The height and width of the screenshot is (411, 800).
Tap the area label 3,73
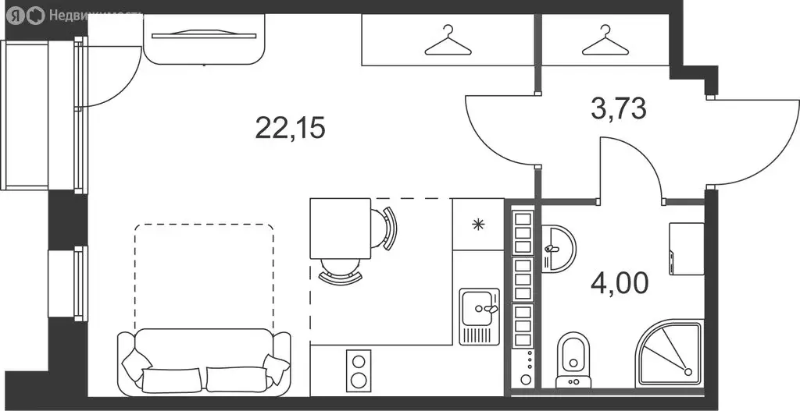coord(619,108)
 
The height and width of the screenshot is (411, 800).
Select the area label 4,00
coord(620,283)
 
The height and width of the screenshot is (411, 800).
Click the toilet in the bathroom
coord(573,360)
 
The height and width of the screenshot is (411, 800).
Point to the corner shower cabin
coord(670,355)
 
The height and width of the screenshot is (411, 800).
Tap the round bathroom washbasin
coord(557,249)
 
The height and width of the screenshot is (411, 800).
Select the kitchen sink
coord(480,317)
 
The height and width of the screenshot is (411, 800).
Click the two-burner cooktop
coord(359,370)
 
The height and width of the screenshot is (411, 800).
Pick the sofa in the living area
coord(204,362)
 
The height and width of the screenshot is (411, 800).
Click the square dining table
coord(341,229)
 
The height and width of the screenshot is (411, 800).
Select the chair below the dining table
coord(341,271)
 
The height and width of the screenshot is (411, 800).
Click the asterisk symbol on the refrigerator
coord(478,224)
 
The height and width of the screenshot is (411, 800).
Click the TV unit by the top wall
coord(204,40)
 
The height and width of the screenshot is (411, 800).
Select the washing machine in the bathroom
coord(687,249)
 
